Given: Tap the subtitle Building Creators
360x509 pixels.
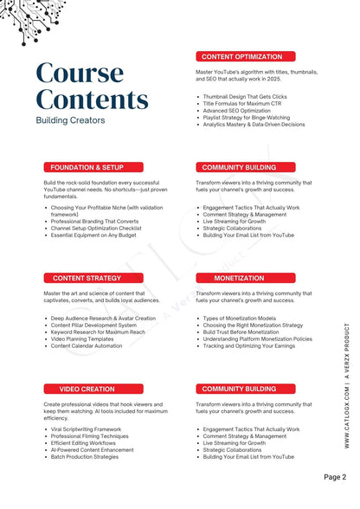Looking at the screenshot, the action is [x=70, y=120].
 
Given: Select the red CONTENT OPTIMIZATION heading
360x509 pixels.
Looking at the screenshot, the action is [x=241, y=56].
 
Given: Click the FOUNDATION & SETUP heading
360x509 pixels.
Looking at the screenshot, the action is [x=87, y=167].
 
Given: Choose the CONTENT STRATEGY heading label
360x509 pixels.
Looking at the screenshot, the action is [x=87, y=278].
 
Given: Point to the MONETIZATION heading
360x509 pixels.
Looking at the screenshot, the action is [x=240, y=278].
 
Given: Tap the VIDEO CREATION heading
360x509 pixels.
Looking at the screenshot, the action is [x=87, y=389].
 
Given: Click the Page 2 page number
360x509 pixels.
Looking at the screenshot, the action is [x=335, y=476].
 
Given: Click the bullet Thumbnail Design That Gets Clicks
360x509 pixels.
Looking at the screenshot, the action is [x=245, y=97].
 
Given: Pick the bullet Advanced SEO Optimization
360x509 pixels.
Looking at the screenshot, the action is [x=236, y=111].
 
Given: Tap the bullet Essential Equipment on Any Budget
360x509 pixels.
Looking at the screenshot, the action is [x=93, y=235].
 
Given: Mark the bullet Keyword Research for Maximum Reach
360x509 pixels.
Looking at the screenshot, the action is [x=98, y=332].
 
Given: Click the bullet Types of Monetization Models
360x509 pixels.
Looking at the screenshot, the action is [x=240, y=319].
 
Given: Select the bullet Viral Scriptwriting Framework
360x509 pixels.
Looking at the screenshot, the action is [x=87, y=429].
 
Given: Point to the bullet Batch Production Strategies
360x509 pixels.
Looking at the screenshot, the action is [x=85, y=457].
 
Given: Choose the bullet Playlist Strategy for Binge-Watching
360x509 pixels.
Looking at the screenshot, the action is [x=250, y=118].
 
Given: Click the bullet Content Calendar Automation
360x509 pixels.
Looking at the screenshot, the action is [x=87, y=346].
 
